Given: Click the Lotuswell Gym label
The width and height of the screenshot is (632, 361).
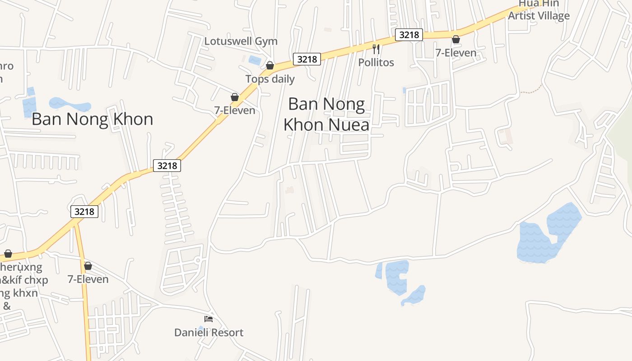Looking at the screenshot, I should tap(241, 41).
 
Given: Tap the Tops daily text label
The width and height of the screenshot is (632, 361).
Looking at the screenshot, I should tap(270, 79).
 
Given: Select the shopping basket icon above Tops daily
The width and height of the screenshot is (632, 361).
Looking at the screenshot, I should tap(270, 66).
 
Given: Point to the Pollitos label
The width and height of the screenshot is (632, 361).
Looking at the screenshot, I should tap(376, 62).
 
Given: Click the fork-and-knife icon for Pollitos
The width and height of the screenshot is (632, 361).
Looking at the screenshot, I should tap(376, 49).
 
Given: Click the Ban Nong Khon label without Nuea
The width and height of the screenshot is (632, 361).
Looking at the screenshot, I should tap(92, 119).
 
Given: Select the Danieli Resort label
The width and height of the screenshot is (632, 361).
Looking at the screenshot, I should tap(209, 333).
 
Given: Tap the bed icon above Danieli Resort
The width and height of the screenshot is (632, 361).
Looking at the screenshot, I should tap(208, 319).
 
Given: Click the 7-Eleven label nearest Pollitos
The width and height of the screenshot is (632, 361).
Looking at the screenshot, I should tap(455, 53).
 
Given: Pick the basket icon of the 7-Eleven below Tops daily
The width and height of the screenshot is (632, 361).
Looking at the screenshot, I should tap(235, 97).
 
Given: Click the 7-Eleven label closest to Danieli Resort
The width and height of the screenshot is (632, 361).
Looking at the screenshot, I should tap(88, 279).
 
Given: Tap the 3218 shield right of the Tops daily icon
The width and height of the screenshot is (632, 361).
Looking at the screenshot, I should tap(307, 59).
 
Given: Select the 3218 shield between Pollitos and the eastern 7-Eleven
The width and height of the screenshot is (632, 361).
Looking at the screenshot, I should tap(409, 35).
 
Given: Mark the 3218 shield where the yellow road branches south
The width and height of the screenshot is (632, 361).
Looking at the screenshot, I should tap(84, 211).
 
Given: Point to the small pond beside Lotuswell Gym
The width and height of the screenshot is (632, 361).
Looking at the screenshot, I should tap(255, 60).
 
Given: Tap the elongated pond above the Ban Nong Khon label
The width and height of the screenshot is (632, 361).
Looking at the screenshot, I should tap(70, 104).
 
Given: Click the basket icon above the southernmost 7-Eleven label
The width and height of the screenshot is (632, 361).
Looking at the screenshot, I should tap(88, 266).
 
